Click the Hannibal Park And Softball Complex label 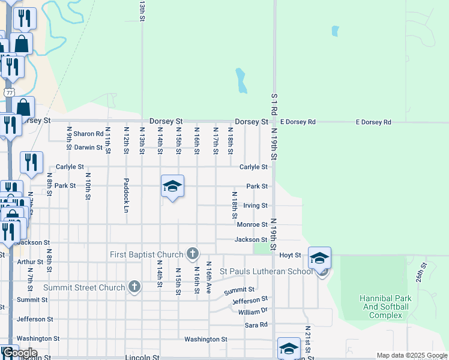(385, 307)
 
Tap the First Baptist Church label (148, 254)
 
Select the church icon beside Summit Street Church (134, 287)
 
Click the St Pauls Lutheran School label (266, 271)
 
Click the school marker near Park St (172, 187)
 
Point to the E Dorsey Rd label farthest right (373, 122)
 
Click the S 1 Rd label (274, 104)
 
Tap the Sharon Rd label (89, 134)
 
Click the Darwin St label (89, 147)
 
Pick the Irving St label (255, 205)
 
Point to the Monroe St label (252, 224)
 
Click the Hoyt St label (291, 255)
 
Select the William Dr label (252, 312)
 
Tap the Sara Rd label (256, 325)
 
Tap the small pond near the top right (335, 31)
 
